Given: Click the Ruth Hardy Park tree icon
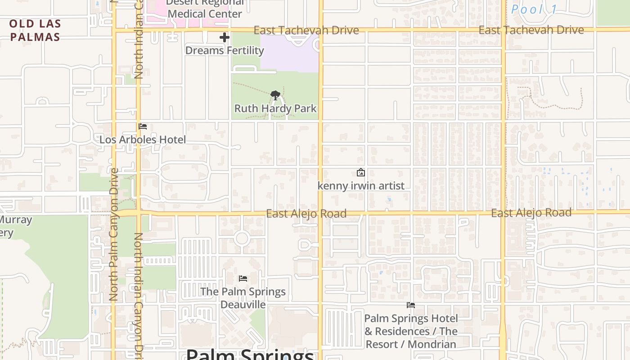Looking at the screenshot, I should [x=275, y=95].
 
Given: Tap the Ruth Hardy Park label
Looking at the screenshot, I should [x=275, y=108].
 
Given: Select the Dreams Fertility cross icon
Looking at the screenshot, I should [x=225, y=37].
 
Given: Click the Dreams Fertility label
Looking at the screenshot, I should [x=225, y=50].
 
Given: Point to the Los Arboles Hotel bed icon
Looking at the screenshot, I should [x=143, y=126].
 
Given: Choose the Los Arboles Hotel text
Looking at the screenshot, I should [x=143, y=139].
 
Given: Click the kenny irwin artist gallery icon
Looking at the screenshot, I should [x=360, y=172].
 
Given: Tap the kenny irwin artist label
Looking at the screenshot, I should [x=361, y=186].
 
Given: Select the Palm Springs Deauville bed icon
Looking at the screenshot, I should [x=243, y=279].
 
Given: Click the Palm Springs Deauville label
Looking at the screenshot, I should [x=243, y=298].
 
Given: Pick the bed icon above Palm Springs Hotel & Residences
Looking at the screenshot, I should [x=410, y=305].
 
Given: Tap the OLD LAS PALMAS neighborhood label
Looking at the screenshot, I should [x=35, y=30].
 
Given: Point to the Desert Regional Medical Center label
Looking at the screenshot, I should [x=205, y=9].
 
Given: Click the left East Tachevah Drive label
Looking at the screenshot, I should [x=306, y=30].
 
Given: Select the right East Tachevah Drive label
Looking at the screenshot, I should [x=531, y=30].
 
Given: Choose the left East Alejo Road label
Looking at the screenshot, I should [x=306, y=213].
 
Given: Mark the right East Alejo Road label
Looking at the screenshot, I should [x=531, y=213].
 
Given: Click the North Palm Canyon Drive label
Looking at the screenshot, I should [x=113, y=234].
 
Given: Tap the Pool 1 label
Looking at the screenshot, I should [x=535, y=9].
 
